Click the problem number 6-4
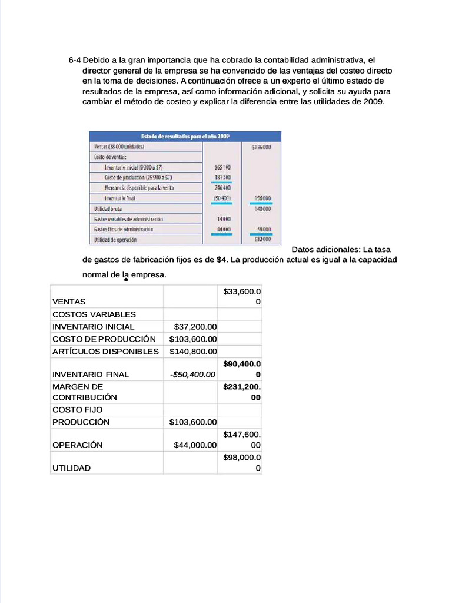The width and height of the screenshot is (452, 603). coord(75,60)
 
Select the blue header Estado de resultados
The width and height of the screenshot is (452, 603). coord(184,136)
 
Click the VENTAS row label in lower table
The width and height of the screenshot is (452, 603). coord(69,301)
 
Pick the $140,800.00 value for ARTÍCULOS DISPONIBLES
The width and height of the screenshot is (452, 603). coord(193,351)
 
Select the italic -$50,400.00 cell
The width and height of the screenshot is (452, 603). coord(193,374)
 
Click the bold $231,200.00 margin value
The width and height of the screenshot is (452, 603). coord(242,392)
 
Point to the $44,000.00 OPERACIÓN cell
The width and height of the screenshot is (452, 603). coord(195,445)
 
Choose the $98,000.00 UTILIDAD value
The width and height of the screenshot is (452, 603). coord(242,462)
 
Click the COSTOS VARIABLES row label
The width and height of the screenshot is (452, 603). coord(94,314)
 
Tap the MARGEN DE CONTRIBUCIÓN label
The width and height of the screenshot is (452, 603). coord(85,392)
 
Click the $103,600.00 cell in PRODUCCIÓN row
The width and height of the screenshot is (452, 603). coord(193,422)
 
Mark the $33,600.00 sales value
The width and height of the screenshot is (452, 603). coord(242,296)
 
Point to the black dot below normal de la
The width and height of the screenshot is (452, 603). coord(126,280)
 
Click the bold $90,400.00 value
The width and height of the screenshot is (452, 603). coord(242,369)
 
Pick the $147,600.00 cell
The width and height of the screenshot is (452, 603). coord(242,439)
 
